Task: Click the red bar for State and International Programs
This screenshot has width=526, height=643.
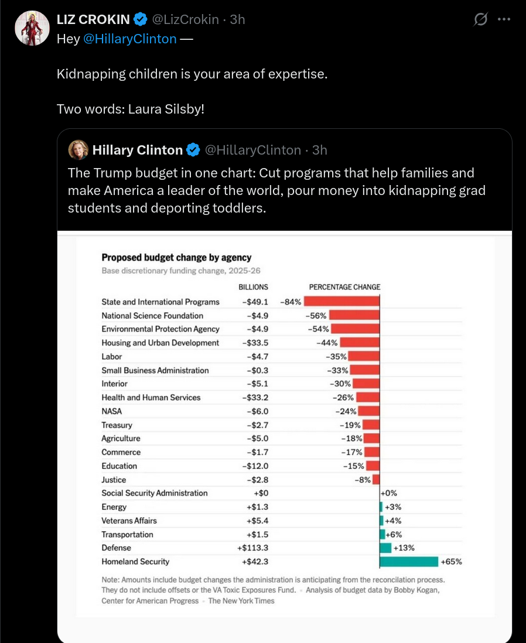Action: (x=341, y=302)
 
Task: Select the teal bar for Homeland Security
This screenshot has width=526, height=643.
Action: (x=409, y=562)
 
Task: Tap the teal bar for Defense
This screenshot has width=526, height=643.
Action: (x=385, y=548)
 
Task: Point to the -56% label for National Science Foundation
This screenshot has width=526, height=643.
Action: (x=316, y=315)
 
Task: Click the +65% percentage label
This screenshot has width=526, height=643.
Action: (x=452, y=562)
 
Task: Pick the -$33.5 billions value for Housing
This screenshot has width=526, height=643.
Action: (x=255, y=343)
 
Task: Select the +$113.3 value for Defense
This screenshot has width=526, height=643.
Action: (x=252, y=548)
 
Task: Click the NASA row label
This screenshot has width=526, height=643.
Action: (x=112, y=411)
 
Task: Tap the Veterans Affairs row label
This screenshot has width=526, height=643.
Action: (x=129, y=521)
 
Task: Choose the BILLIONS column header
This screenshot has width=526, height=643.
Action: (x=253, y=287)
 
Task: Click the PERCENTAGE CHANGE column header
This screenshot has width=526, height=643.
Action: (x=344, y=287)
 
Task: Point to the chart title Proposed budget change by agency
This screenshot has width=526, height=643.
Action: (x=176, y=258)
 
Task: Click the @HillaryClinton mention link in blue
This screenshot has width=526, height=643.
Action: (x=129, y=39)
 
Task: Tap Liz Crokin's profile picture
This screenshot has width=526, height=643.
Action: (x=32, y=28)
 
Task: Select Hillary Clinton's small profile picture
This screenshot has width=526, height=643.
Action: (x=78, y=150)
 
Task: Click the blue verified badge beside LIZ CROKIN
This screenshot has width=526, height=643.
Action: (x=141, y=19)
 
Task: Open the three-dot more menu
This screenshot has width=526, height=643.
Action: (x=504, y=19)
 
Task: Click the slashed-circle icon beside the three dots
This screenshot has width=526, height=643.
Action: (x=480, y=19)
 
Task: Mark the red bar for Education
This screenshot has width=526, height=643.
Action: (x=373, y=466)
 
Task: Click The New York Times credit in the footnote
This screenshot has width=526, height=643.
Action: (x=241, y=601)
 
